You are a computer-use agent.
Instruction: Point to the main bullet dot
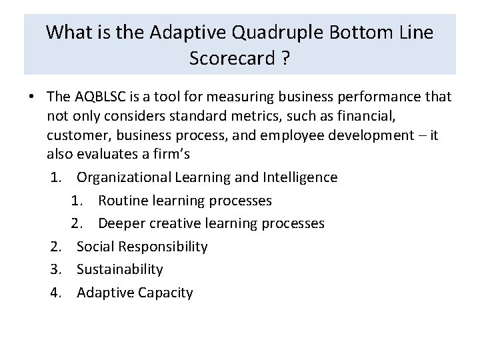[32, 97]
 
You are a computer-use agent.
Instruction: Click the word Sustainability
[119, 269]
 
